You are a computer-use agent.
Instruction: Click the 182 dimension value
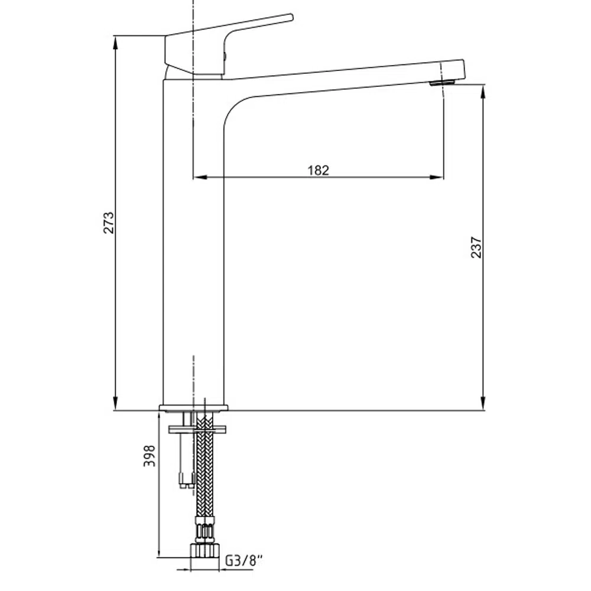[318, 170]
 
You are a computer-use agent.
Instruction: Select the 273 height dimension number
[109, 223]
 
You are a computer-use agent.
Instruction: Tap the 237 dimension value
[476, 247]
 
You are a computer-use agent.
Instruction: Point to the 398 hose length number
[150, 456]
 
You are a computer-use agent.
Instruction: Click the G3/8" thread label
[243, 560]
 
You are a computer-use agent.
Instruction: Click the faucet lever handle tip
[291, 17]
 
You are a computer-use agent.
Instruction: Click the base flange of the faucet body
[194, 408]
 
